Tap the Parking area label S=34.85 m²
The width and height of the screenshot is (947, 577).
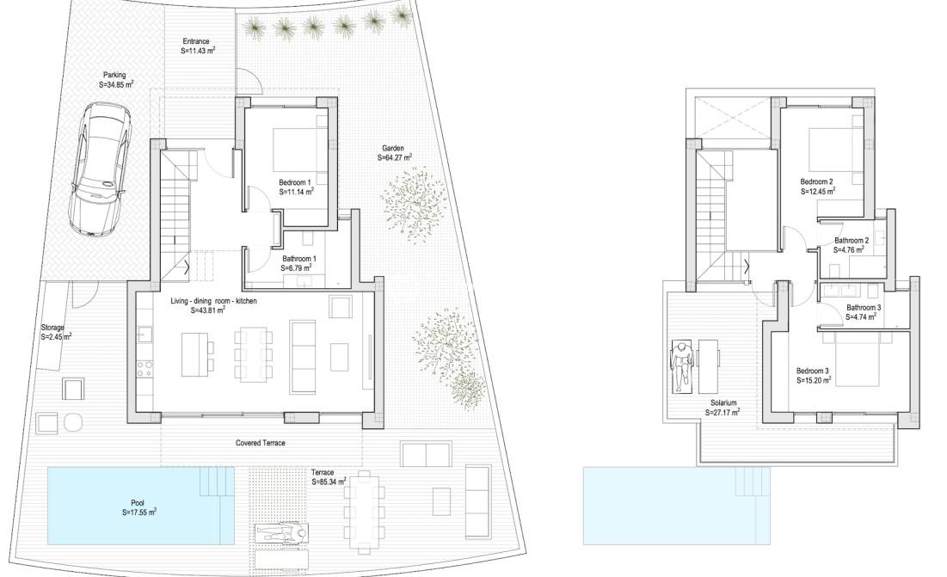coord(117,80)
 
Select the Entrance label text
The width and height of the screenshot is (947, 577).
coord(197,46)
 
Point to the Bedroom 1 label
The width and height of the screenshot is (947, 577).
coord(296,187)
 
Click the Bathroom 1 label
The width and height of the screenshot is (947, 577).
coord(299,263)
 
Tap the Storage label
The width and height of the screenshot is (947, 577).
coord(55,333)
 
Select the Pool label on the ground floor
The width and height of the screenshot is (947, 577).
coord(138,506)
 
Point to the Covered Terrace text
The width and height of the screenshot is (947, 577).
coord(260,443)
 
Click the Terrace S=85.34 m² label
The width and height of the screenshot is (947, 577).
coord(329,477)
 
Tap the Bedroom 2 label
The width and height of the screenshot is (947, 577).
coord(817,186)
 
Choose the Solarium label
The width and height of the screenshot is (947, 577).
coord(723,407)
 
